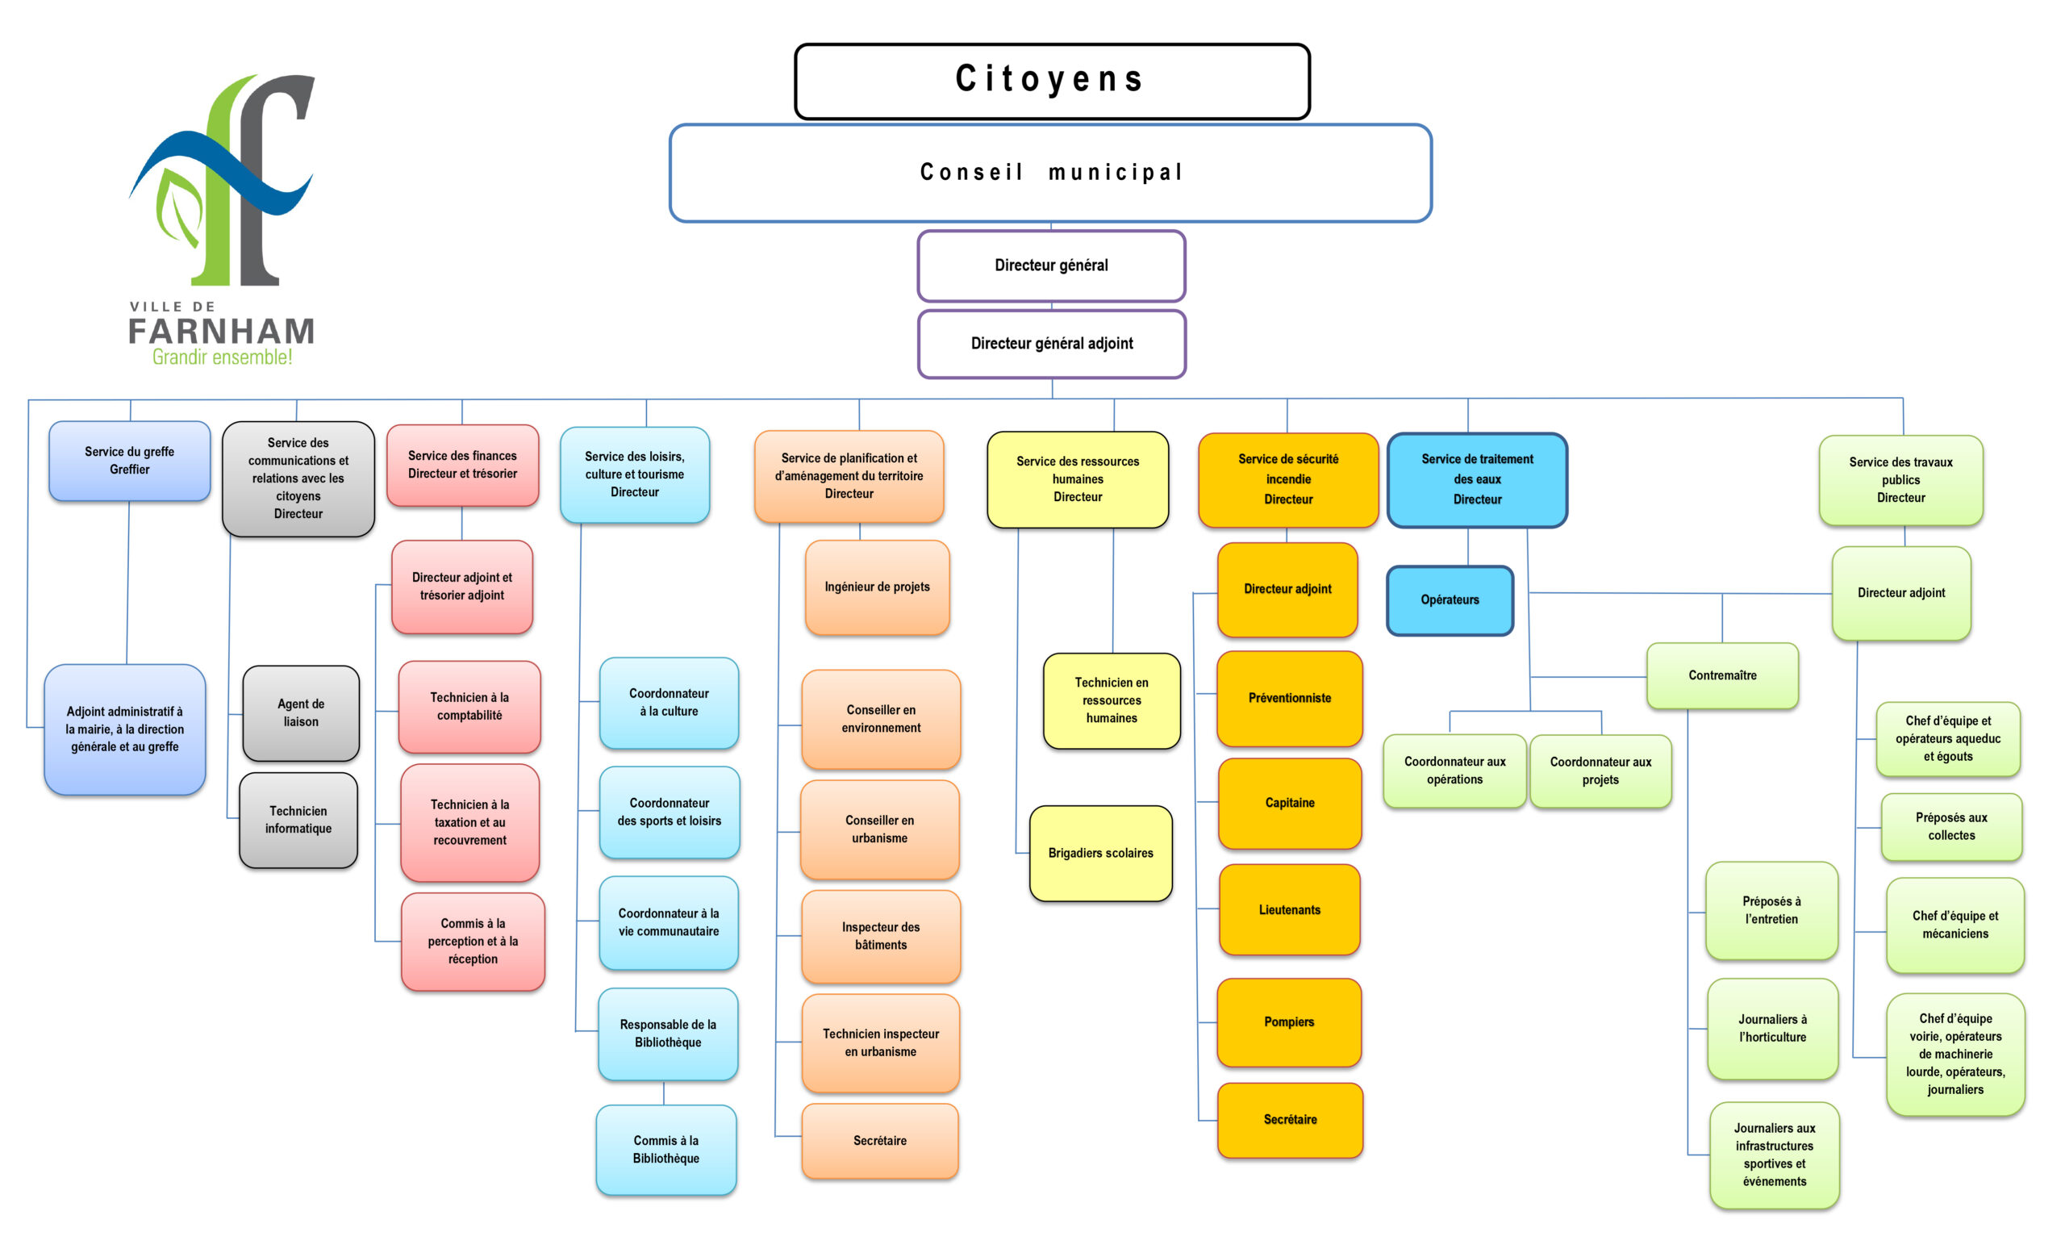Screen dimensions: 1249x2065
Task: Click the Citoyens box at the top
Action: (x=1052, y=81)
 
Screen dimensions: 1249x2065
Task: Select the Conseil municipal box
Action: (x=1050, y=173)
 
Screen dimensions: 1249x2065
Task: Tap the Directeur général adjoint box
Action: (x=1052, y=344)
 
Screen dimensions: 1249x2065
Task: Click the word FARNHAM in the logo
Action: (x=222, y=332)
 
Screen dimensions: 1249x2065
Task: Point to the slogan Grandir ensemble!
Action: (x=222, y=358)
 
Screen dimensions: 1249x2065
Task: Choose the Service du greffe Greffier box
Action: (x=130, y=461)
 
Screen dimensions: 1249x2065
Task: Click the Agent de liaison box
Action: (x=301, y=713)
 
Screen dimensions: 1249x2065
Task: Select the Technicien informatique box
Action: (x=298, y=820)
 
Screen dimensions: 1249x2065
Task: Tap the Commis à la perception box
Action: (x=473, y=942)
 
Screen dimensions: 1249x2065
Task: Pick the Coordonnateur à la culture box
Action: (x=669, y=703)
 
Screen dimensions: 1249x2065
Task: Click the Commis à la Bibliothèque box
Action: (x=666, y=1149)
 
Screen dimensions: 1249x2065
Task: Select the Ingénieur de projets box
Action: (x=878, y=587)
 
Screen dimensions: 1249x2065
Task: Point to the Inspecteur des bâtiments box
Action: (x=881, y=936)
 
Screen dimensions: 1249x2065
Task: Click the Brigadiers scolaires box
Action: (x=1100, y=854)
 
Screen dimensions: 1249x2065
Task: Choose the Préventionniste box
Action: (x=1290, y=698)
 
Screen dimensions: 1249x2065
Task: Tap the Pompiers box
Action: (x=1289, y=1021)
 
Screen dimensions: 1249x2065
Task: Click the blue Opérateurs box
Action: (x=1450, y=600)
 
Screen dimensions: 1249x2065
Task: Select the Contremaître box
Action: (x=1722, y=675)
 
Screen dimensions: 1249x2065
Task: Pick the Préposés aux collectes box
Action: (x=1951, y=826)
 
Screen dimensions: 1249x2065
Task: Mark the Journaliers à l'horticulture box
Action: (x=1772, y=1029)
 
